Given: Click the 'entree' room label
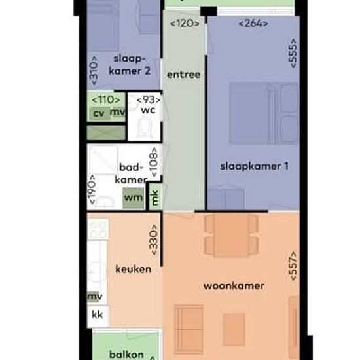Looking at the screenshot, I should pyautogui.click(x=183, y=75).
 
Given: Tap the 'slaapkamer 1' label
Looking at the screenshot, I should pyautogui.click(x=254, y=166).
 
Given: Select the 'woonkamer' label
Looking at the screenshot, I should pyautogui.click(x=234, y=286).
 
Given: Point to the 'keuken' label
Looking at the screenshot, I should pyautogui.click(x=134, y=269).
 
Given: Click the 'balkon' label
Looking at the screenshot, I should pyautogui.click(x=126, y=353).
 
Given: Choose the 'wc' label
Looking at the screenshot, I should pyautogui.click(x=148, y=110).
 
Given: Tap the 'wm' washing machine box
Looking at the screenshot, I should pyautogui.click(x=134, y=197).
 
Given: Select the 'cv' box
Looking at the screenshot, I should pyautogui.click(x=98, y=113).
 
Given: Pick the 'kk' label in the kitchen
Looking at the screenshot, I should pyautogui.click(x=97, y=315).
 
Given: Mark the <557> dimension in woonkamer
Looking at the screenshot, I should pyautogui.click(x=293, y=266).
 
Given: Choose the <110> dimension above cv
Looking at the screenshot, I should pyautogui.click(x=105, y=99).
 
